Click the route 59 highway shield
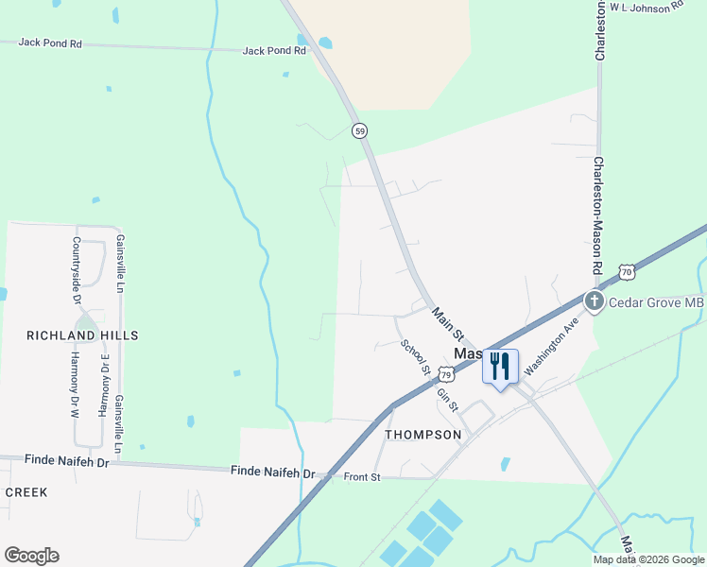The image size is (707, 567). click(x=359, y=131)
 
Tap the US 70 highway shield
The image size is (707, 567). click(x=627, y=272)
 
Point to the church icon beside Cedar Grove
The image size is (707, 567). click(x=594, y=302)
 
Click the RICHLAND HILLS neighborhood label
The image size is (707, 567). click(x=82, y=335)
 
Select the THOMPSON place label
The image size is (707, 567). click(x=423, y=435)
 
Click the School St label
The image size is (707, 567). click(x=416, y=357)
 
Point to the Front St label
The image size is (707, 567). click(x=362, y=477)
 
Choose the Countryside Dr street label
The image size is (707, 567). click(x=77, y=269)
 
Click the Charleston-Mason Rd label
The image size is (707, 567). click(x=597, y=215)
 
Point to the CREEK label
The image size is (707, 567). click(x=26, y=492)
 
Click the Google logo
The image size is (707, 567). click(x=31, y=556)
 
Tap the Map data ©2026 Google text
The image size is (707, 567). click(x=648, y=559)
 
